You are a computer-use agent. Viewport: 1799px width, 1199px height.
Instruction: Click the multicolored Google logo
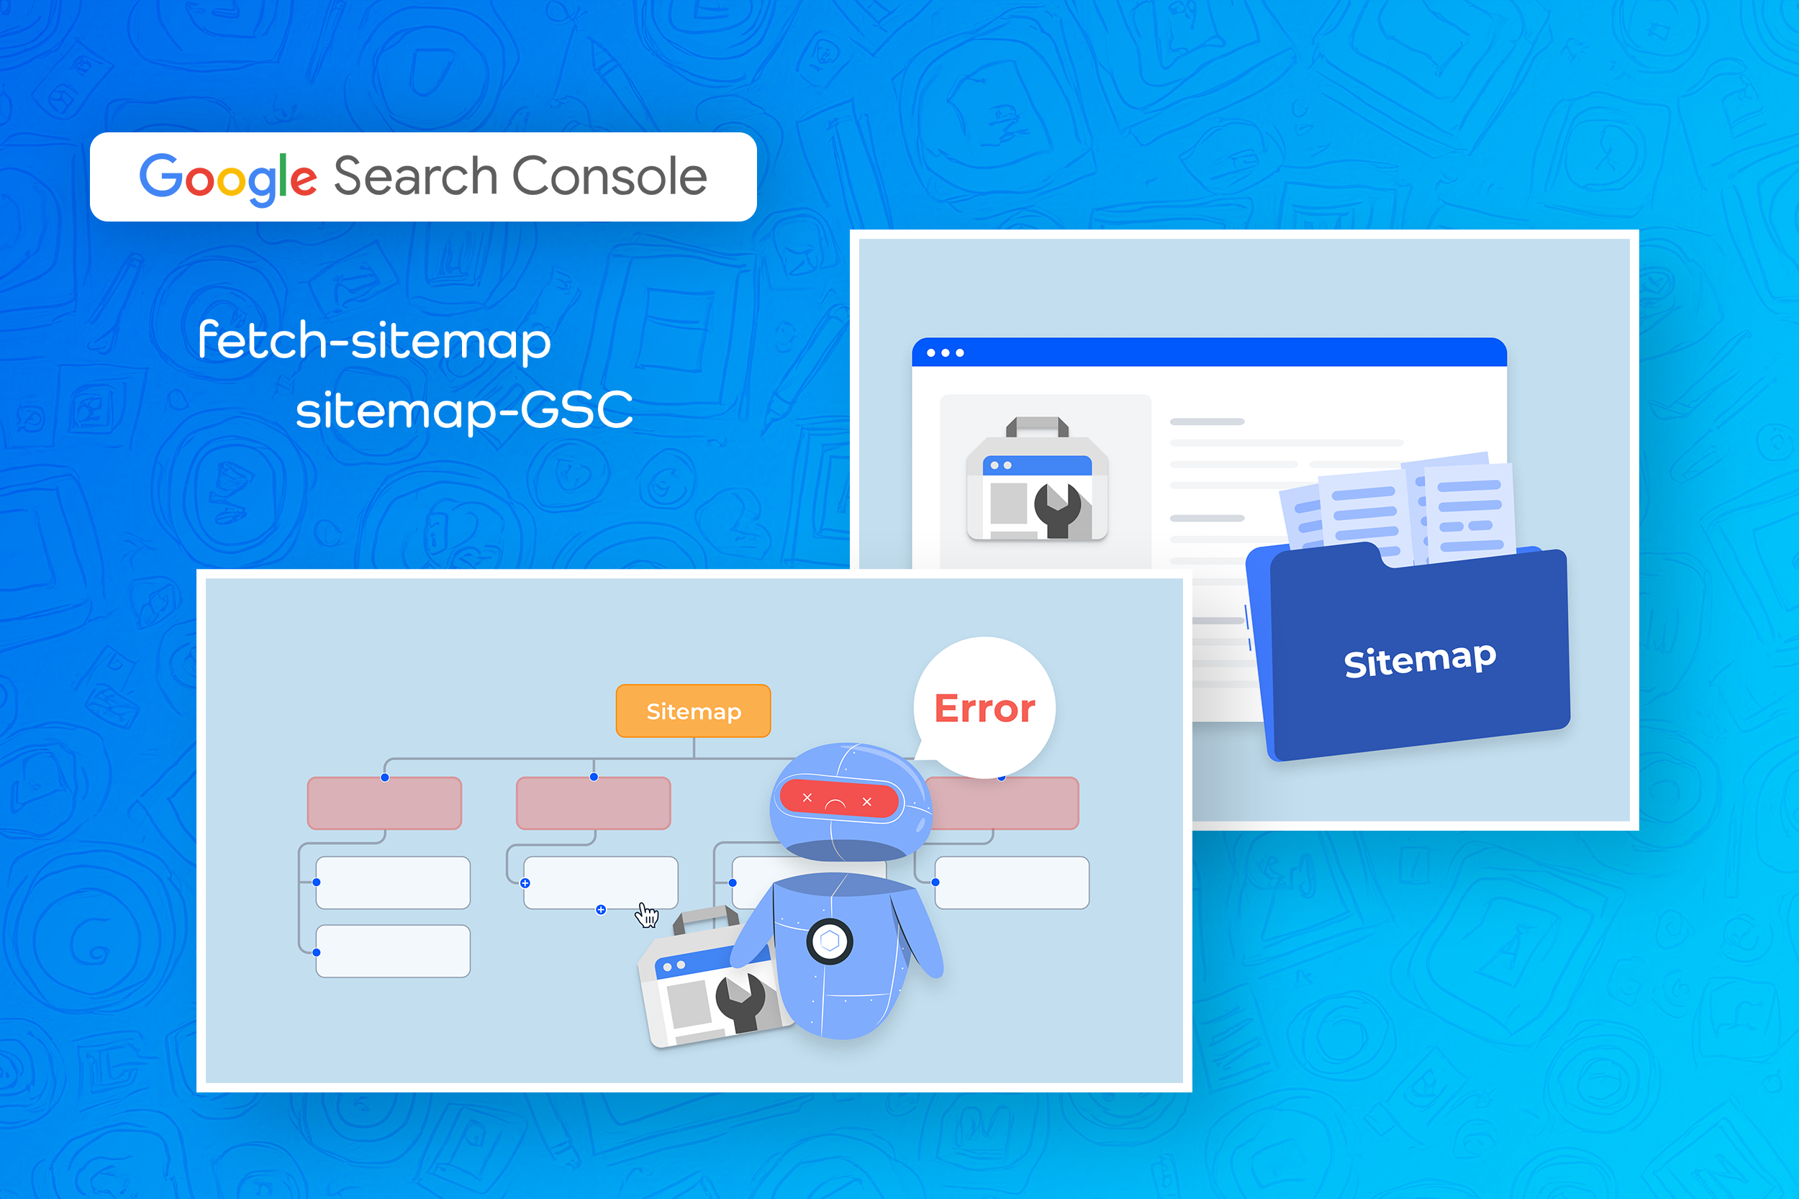point(228,178)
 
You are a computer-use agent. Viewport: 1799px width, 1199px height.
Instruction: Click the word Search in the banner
point(416,176)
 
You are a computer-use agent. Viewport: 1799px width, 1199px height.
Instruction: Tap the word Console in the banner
point(610,176)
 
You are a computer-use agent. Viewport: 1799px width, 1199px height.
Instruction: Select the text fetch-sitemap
point(374,340)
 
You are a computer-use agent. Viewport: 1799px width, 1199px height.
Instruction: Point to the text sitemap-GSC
point(464,410)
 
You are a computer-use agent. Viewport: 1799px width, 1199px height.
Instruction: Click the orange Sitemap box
point(693,711)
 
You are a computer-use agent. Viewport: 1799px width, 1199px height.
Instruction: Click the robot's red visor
point(838,799)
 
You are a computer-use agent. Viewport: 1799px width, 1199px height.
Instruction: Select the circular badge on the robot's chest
point(830,942)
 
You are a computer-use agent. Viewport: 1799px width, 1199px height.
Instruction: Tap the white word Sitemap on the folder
point(1420,660)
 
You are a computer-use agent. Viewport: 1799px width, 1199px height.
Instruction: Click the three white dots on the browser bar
point(946,352)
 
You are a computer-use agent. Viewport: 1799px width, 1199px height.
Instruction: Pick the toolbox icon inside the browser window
point(1037,480)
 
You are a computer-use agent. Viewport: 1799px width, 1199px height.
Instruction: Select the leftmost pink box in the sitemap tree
point(385,803)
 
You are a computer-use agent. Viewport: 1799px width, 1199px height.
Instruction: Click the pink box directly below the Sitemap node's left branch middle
point(594,803)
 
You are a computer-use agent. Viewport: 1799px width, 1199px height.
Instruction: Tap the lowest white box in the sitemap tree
point(393,952)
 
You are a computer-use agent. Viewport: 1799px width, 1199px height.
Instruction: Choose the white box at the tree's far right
point(1012,883)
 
